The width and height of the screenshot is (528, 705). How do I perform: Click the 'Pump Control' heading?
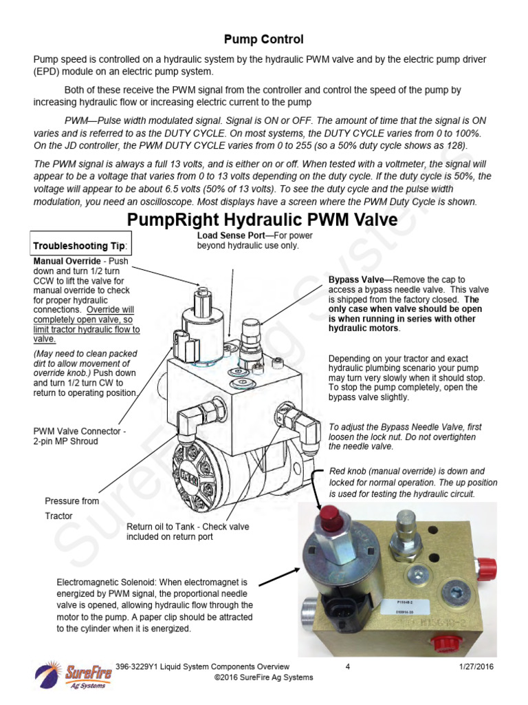click(x=265, y=39)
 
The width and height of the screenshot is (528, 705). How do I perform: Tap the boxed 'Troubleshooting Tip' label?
click(x=80, y=247)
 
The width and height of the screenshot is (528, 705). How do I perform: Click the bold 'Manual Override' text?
click(x=67, y=262)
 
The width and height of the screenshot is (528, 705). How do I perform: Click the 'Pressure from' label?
click(x=72, y=501)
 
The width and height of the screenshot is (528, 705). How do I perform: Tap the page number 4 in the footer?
click(x=348, y=667)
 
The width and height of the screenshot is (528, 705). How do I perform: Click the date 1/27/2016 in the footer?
click(x=474, y=667)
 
